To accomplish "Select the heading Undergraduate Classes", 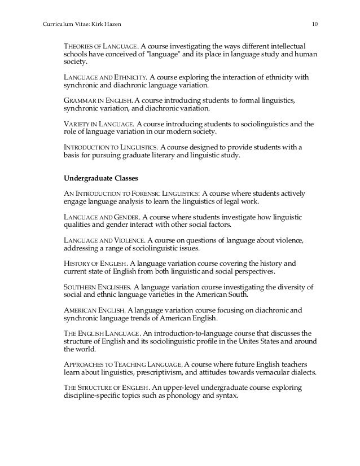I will click(x=100, y=178).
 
